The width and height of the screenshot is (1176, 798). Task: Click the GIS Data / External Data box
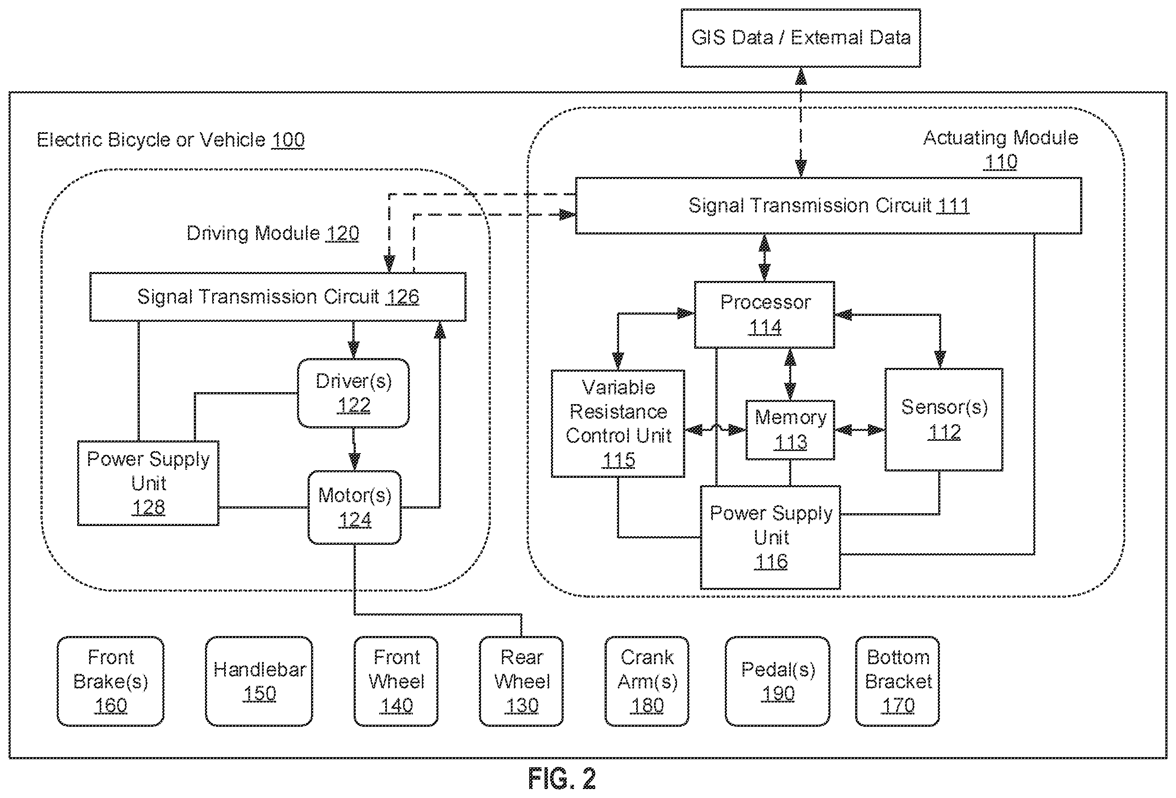(x=801, y=38)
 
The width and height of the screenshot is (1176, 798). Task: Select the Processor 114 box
(x=764, y=315)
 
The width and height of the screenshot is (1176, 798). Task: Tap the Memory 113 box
(x=790, y=430)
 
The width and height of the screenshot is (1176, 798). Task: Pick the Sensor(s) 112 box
(x=944, y=420)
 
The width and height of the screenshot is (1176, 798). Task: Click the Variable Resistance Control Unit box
(x=618, y=423)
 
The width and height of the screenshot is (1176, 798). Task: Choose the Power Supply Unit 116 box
(x=770, y=537)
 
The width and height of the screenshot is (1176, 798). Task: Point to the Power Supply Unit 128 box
(x=148, y=483)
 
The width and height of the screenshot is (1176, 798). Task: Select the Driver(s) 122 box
(x=353, y=393)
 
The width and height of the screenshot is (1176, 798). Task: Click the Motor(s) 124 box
(x=355, y=507)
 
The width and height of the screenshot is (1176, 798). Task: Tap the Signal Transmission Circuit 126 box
(x=278, y=297)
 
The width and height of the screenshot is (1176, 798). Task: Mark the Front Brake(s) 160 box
(x=110, y=681)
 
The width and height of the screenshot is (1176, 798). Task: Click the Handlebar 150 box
(x=259, y=681)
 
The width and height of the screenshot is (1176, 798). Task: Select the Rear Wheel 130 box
(x=521, y=681)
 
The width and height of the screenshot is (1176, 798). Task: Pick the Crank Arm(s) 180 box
(x=647, y=681)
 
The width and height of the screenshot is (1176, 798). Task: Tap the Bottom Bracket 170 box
(x=898, y=681)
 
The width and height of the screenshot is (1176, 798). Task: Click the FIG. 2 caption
(x=562, y=778)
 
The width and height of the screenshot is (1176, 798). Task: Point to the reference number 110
(x=1000, y=162)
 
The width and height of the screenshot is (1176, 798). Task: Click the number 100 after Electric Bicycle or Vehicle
(x=288, y=140)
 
